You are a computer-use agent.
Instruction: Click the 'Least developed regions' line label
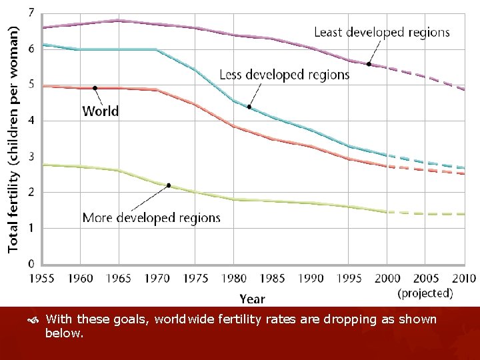(x=381, y=32)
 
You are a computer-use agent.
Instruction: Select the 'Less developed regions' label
(x=284, y=75)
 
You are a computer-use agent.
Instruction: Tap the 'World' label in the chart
(x=101, y=111)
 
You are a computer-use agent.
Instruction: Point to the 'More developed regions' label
(x=151, y=218)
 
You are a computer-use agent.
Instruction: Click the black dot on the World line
(x=95, y=88)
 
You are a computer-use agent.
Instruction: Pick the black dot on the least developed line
(x=369, y=64)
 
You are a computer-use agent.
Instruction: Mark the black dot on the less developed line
(x=249, y=107)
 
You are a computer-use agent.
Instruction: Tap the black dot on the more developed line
(x=169, y=185)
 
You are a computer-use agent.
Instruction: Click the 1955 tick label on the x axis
(x=41, y=278)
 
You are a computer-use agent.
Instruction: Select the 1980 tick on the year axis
(x=234, y=278)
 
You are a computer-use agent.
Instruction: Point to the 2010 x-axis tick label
(x=463, y=278)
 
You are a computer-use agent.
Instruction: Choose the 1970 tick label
(x=157, y=278)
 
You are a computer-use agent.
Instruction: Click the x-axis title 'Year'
(x=252, y=299)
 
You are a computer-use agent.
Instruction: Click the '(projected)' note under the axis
(x=425, y=293)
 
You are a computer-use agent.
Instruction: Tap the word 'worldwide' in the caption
(x=181, y=319)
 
